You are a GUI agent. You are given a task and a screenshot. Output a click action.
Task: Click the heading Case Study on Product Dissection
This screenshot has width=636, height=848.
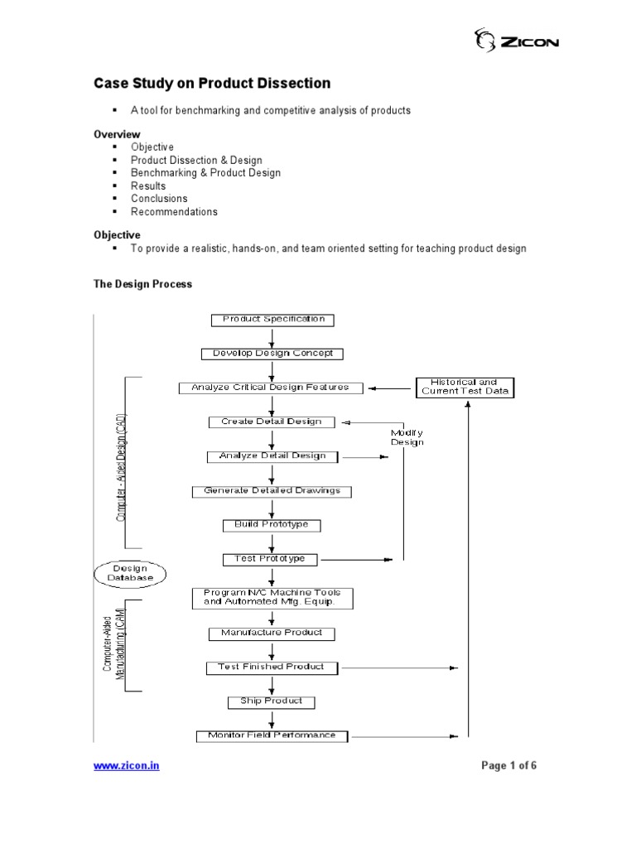211,84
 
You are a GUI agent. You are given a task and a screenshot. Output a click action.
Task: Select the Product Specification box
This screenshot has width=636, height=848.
272,320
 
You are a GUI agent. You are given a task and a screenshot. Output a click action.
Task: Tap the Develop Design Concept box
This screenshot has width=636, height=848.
272,354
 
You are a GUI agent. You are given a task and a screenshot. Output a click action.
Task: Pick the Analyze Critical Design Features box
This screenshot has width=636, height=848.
271,388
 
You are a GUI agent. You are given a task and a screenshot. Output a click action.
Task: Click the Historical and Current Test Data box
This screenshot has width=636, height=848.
465,387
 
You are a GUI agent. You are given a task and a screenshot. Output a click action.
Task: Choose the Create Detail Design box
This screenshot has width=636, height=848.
272,422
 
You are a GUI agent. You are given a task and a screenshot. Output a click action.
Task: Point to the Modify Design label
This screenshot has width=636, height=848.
407,437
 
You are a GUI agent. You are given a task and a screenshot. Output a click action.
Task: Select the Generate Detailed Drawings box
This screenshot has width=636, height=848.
272,491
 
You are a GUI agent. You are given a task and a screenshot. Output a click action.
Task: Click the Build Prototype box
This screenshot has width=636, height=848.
272,525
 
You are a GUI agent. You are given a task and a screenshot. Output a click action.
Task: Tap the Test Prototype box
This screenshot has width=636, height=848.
270,559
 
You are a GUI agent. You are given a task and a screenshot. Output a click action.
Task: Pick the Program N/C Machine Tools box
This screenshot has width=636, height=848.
272,598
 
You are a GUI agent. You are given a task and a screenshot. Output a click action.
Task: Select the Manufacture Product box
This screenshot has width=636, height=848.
272,634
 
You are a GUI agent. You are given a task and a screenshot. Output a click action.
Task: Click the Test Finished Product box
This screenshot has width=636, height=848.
272,667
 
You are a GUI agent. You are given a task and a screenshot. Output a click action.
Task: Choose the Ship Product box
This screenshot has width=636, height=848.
272,701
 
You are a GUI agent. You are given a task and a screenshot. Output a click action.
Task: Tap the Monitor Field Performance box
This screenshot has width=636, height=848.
272,735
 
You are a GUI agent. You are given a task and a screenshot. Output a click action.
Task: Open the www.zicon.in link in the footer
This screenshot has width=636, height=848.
127,766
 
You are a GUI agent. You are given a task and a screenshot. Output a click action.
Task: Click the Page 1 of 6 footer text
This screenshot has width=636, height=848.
509,766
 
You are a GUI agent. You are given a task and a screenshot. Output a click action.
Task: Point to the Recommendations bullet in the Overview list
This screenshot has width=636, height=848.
174,212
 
